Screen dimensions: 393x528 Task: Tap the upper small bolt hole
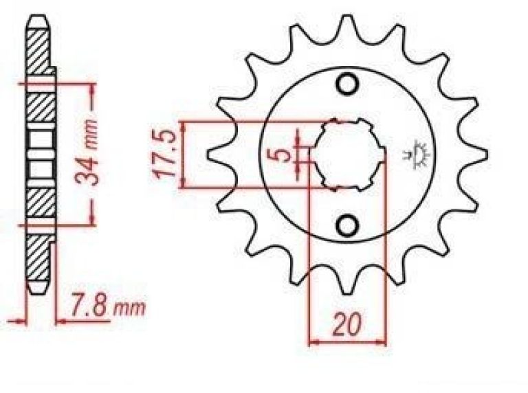348,85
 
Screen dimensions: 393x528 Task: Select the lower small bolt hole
348,225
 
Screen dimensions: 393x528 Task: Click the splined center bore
348,154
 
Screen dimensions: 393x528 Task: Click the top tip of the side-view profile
38,17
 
